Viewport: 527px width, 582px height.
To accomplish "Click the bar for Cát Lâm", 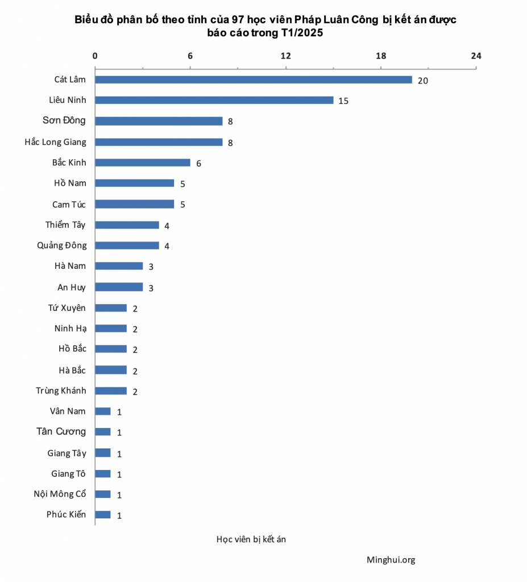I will (253, 80).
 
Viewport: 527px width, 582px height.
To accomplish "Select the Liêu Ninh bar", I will (214, 100).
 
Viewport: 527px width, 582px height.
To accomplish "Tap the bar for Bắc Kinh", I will (142, 163).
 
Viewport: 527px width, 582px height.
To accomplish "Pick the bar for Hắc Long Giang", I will (159, 142).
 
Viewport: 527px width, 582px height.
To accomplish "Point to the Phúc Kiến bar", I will (103, 515).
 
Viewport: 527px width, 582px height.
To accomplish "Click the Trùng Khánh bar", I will (111, 391).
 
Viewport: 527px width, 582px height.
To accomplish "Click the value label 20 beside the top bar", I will (422, 80).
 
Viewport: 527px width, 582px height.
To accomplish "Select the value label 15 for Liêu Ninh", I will (343, 101).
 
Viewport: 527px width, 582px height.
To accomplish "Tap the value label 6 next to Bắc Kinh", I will (199, 163).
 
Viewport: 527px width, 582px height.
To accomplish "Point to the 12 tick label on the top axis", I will (285, 56).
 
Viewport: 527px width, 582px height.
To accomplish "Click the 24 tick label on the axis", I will (476, 56).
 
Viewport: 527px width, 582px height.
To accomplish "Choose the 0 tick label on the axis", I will (95, 56).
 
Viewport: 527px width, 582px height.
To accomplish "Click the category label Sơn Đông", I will (64, 120).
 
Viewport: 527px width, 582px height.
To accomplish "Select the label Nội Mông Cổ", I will (60, 494).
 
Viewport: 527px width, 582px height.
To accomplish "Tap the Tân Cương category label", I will (61, 431).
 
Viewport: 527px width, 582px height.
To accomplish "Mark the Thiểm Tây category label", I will (65, 225).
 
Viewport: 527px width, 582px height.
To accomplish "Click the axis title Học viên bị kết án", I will (251, 539).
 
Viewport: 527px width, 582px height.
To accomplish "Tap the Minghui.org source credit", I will (391, 560).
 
